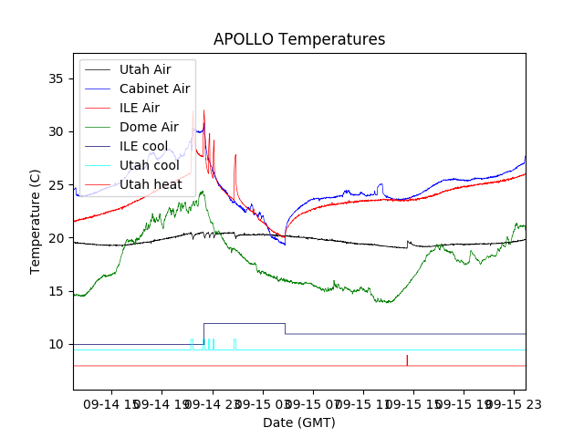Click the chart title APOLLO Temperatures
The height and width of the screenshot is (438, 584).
pos(299,40)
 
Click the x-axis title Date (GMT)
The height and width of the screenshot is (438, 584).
pos(299,422)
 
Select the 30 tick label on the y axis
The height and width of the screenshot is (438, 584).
pos(57,131)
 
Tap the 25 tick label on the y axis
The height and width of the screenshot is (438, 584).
pos(57,185)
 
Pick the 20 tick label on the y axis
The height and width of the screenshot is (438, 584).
pos(57,238)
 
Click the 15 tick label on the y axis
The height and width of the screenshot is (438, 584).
pos(57,291)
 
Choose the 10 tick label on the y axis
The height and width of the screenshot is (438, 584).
pos(57,344)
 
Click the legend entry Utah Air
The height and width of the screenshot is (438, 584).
pos(144,69)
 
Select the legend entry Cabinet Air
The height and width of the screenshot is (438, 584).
pos(154,89)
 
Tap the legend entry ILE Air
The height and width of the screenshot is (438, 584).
pos(139,108)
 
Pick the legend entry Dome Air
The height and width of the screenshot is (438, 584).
pos(149,127)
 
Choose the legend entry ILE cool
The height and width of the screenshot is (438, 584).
pos(143,146)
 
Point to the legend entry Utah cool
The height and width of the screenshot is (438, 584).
pos(149,165)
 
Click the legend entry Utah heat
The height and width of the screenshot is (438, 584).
pos(151,184)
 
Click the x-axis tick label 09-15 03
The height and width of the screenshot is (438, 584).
pos(264,402)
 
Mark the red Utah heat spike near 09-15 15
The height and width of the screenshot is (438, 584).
pos(407,360)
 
